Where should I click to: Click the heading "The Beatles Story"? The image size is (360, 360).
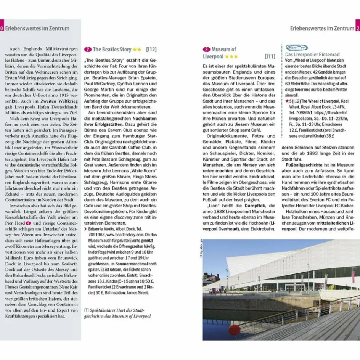click(x=112, y=50)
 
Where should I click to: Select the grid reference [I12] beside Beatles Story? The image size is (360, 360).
click(x=151, y=50)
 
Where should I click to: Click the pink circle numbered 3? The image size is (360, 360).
click(x=206, y=50)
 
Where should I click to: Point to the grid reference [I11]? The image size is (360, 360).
click(x=270, y=56)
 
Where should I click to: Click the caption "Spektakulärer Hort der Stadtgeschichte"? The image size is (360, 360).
click(x=117, y=313)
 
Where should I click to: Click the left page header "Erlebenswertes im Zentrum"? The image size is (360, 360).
click(x=37, y=28)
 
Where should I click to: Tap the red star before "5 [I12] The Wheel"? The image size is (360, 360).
click(x=287, y=101)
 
